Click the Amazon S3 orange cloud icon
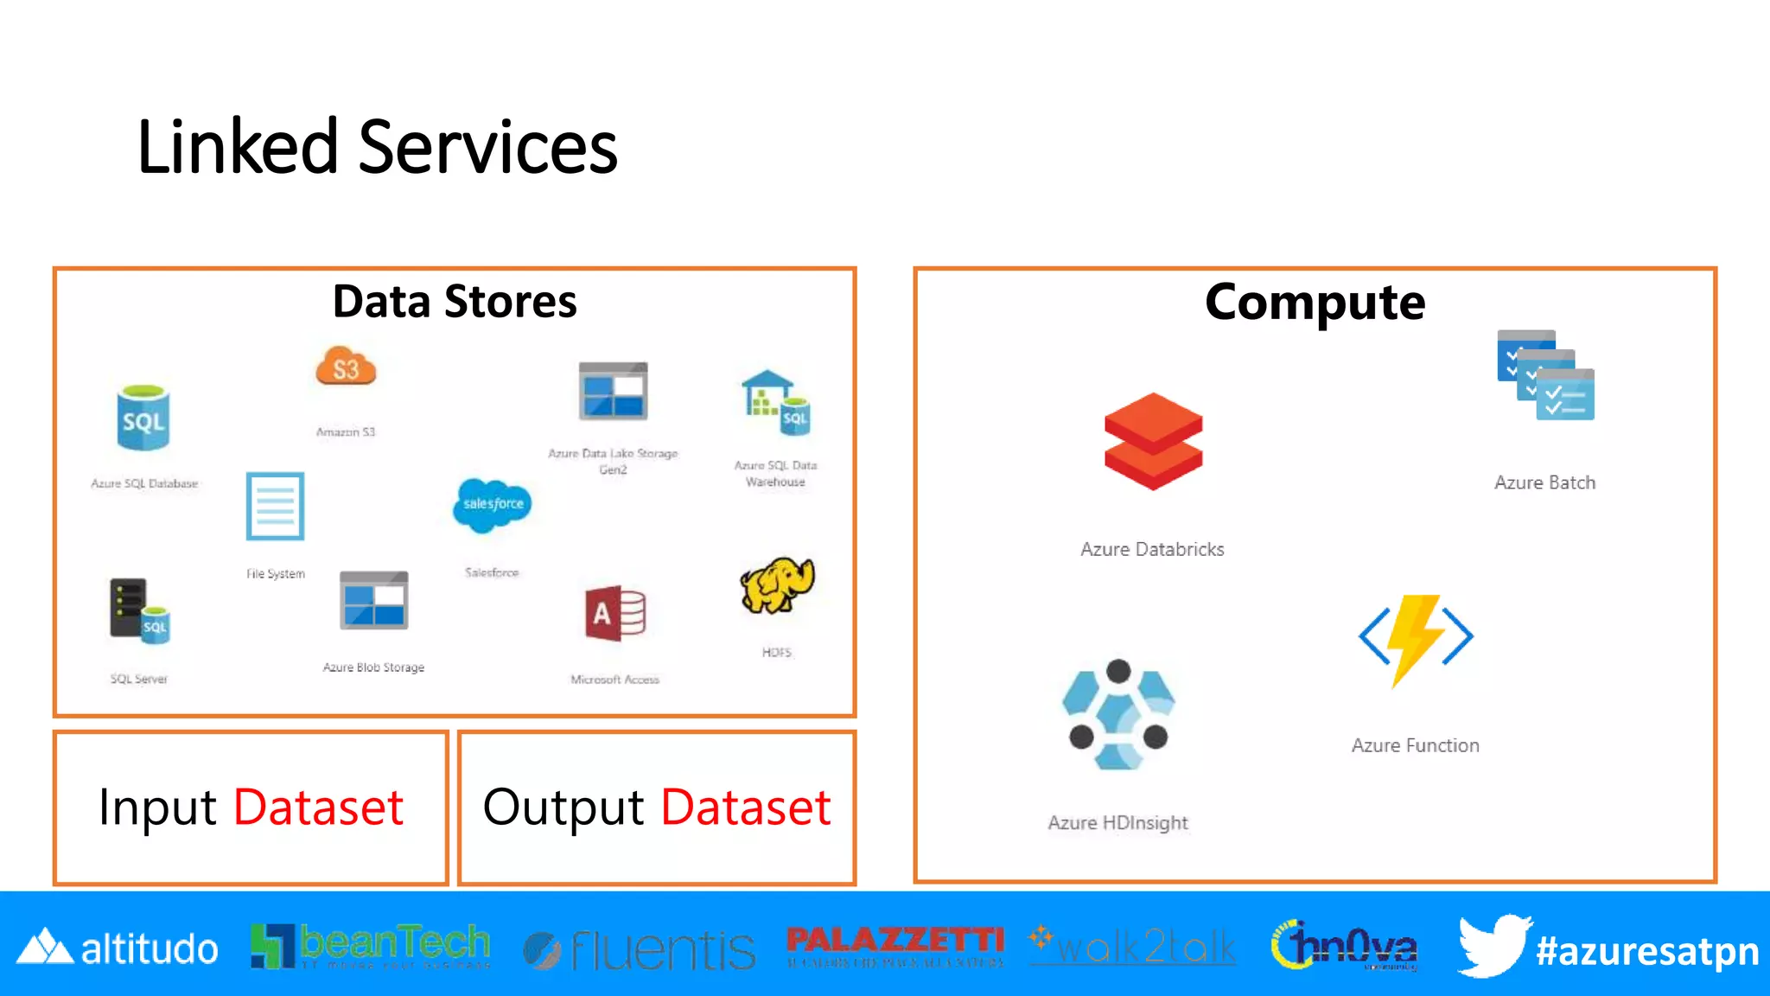click(346, 367)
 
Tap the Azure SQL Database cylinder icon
click(143, 419)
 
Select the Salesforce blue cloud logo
click(493, 503)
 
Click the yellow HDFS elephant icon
click(776, 586)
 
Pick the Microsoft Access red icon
click(615, 613)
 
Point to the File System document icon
click(275, 507)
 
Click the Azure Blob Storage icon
click(373, 601)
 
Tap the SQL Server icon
click(139, 611)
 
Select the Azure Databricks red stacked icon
click(1153, 441)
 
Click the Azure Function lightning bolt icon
click(1416, 638)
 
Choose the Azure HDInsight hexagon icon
click(1118, 714)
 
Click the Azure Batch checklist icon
click(1545, 376)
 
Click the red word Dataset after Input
click(318, 808)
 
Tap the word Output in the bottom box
click(563, 808)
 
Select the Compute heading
click(1315, 303)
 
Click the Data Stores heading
click(455, 302)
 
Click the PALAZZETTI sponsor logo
click(895, 945)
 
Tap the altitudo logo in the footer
click(118, 948)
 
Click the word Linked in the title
click(237, 148)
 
